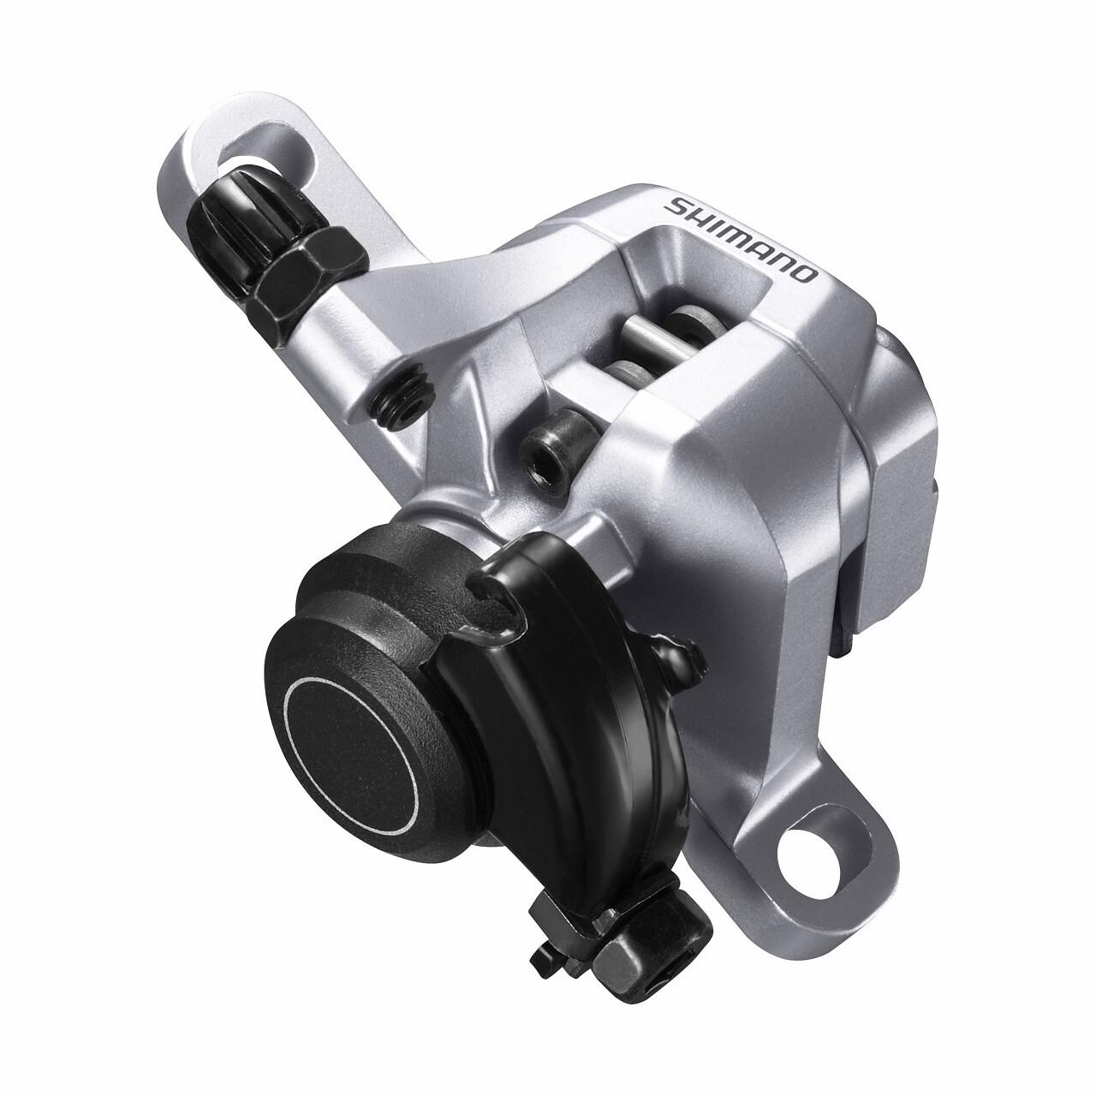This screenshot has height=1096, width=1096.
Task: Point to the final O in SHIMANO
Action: [806, 275]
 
